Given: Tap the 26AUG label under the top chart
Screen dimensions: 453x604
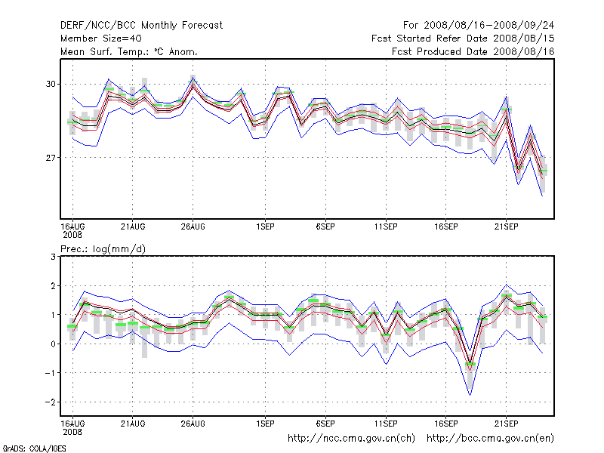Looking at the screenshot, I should point(193,226).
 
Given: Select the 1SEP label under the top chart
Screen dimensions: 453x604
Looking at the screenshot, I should point(264,226).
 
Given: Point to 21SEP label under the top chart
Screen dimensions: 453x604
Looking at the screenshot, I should point(506,226).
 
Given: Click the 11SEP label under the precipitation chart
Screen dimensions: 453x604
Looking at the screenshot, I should point(386,423).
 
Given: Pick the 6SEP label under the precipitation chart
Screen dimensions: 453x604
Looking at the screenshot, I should point(325,423).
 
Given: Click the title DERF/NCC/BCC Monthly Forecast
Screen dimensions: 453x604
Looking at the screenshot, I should point(141,25).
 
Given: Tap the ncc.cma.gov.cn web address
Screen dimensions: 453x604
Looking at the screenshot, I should point(352,438).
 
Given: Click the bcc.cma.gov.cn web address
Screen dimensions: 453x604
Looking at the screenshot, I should point(491,438).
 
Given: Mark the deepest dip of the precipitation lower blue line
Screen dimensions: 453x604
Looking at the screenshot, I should point(470,395).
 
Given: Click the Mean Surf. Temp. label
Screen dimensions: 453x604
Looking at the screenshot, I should point(129,51).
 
